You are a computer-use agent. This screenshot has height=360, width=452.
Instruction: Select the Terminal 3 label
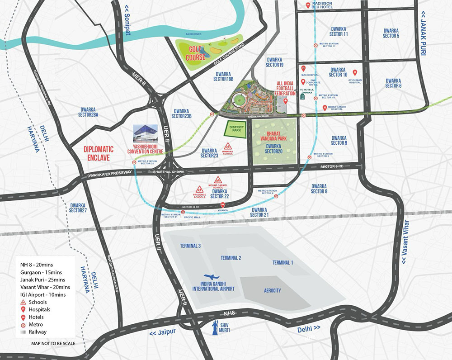point(190,246)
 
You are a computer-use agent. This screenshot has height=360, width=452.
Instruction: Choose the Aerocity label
point(273,291)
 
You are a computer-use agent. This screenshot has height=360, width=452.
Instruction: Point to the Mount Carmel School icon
point(217,179)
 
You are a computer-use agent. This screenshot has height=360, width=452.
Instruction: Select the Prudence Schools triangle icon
point(199,188)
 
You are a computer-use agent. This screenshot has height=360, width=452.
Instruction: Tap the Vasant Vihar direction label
point(404,242)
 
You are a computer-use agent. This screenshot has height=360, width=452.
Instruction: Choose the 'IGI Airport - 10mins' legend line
point(43,294)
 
